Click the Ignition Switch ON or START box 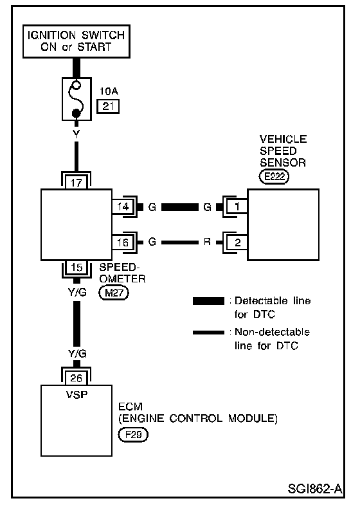click(76, 41)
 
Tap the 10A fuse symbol click(76, 99)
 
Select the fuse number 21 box click(108, 106)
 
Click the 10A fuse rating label click(109, 91)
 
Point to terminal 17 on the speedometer click(76, 182)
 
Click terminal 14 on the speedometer click(123, 206)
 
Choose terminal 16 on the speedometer click(123, 242)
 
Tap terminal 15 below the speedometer click(76, 268)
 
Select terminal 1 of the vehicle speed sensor click(237, 206)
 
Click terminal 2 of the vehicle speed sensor click(237, 242)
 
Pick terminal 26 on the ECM click(76, 378)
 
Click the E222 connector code click(274, 177)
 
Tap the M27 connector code click(114, 293)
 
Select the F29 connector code click(133, 435)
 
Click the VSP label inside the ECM click(76, 395)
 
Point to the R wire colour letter click(207, 242)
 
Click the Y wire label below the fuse click(76, 134)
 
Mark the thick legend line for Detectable click(208, 301)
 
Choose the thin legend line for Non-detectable click(208, 333)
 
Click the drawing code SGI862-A click(315, 489)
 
